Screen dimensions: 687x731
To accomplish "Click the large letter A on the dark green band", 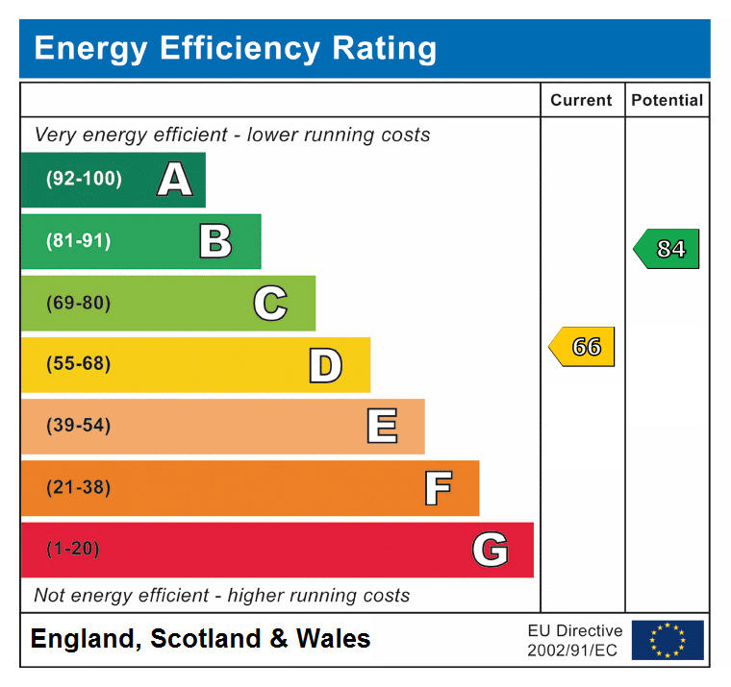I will (174, 180).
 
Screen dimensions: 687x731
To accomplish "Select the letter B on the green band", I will (215, 241).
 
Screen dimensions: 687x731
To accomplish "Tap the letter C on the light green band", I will (270, 304).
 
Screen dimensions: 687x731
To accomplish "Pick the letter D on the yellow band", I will (325, 365).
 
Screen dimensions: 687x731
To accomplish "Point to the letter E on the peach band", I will (382, 427).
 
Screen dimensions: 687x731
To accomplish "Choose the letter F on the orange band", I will (438, 488).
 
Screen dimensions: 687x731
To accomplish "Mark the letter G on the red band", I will (490, 550).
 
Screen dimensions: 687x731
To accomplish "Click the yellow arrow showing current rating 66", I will (582, 347).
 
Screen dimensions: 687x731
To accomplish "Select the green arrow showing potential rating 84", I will (667, 249).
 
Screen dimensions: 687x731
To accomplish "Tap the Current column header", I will (581, 100).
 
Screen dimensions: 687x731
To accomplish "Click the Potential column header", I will (667, 100).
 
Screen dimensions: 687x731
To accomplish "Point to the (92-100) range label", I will (85, 180).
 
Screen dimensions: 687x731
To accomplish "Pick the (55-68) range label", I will (79, 365).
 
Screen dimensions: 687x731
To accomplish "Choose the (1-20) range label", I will (73, 550).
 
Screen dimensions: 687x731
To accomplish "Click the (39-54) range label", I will (79, 427).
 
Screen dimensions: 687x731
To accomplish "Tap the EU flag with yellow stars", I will (667, 640).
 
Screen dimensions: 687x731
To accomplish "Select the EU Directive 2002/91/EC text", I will (574, 640).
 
